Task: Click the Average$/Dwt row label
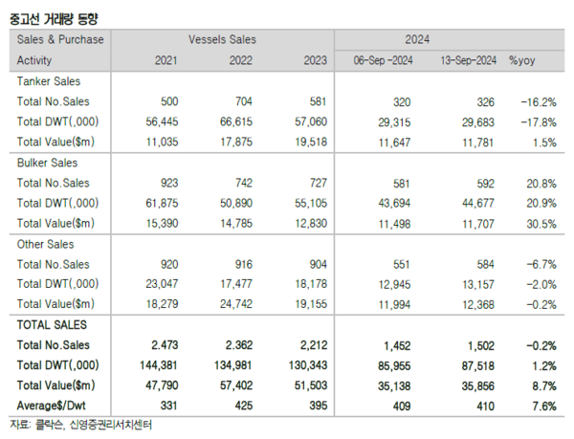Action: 56,406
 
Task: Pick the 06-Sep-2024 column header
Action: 381,60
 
